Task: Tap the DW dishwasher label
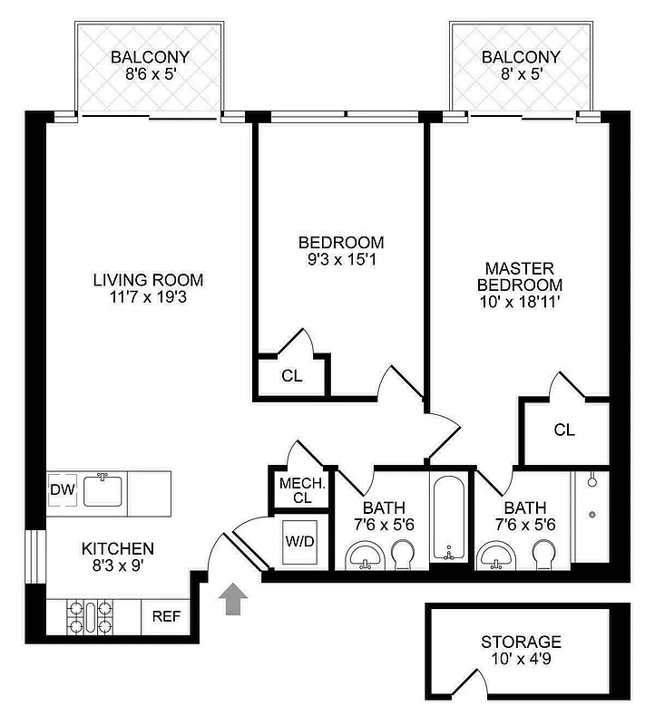[62, 490]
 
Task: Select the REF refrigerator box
[166, 617]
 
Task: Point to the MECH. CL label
[296, 489]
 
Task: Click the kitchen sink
[103, 491]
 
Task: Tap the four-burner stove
[89, 617]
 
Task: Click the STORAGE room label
[521, 642]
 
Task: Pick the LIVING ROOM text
[148, 279]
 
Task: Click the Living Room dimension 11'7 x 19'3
[148, 296]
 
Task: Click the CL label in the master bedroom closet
[564, 430]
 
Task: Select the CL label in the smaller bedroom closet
[291, 375]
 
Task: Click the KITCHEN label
[118, 548]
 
